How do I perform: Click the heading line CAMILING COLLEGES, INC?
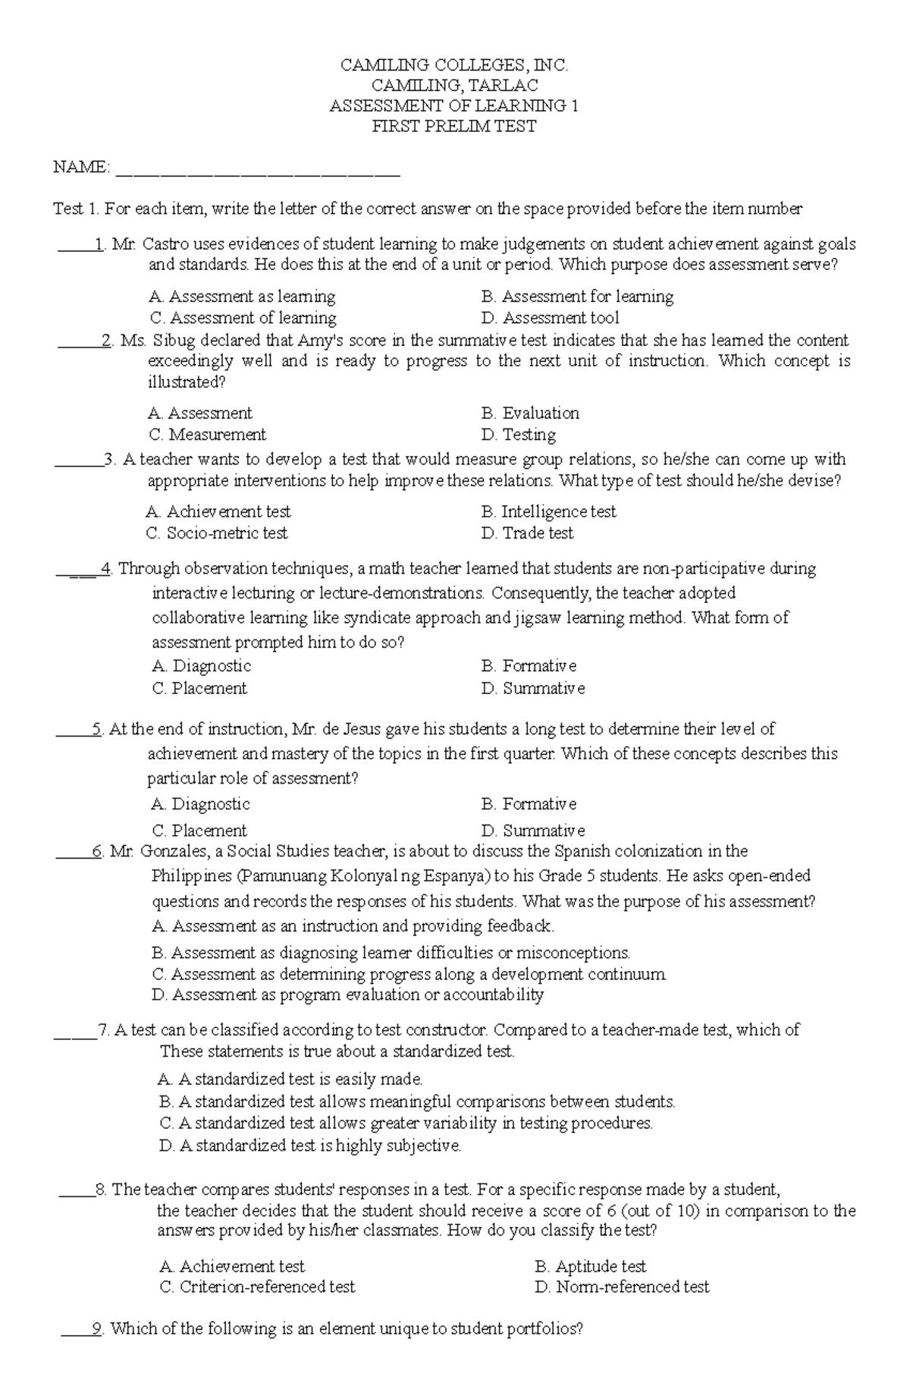[x=453, y=66]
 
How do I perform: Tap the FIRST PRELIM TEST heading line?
[x=453, y=127]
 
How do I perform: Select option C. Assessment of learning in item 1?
[x=243, y=318]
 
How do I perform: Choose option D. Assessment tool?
[x=550, y=318]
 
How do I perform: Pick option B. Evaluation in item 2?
[x=530, y=413]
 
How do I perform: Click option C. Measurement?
[x=208, y=435]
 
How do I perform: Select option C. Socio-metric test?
[x=217, y=533]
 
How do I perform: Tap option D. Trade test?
[x=527, y=533]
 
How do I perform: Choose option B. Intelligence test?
[x=548, y=512]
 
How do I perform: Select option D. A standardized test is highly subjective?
[x=310, y=1145]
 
